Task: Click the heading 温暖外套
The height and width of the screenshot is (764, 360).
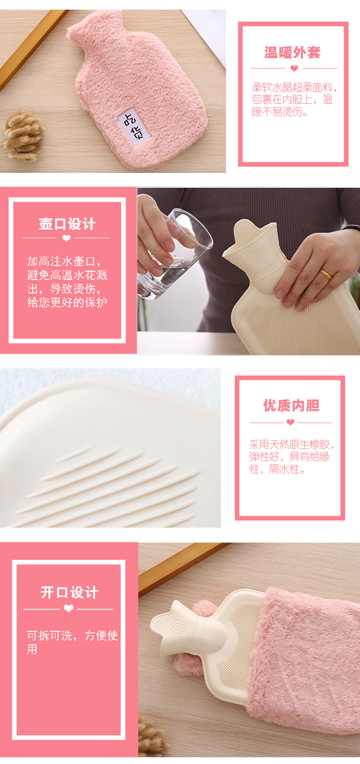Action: [x=293, y=52]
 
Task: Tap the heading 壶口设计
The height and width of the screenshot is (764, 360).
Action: [x=67, y=224]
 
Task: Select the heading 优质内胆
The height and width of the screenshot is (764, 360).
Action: [x=291, y=406]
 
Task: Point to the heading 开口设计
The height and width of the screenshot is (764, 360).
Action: [x=70, y=593]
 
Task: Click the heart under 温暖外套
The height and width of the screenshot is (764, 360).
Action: [x=294, y=68]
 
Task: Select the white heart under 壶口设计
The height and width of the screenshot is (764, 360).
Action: [x=67, y=238]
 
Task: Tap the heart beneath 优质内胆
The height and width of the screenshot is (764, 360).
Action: [x=290, y=422]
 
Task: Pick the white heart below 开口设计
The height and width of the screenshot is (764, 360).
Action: [x=69, y=609]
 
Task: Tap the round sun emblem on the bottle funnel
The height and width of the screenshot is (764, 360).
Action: [x=178, y=626]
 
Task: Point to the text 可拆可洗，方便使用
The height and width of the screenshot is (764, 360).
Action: [x=72, y=642]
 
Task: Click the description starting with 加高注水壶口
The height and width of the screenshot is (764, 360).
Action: [x=67, y=281]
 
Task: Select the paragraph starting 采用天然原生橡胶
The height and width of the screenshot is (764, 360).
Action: [x=292, y=457]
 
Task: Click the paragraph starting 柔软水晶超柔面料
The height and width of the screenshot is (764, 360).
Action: [x=294, y=99]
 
